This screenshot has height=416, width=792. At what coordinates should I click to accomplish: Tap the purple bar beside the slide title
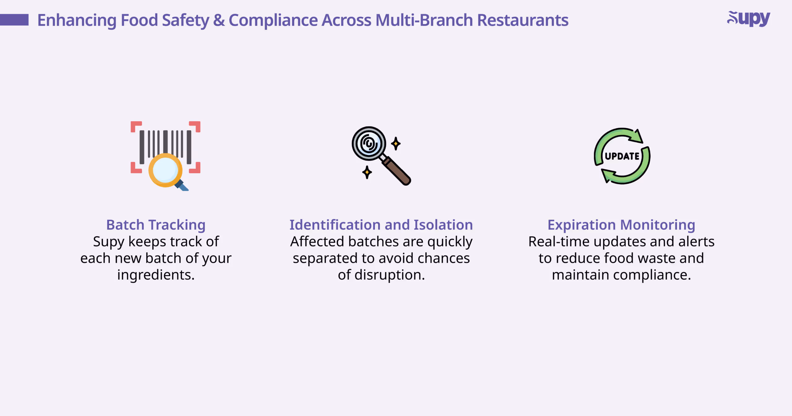pos(14,20)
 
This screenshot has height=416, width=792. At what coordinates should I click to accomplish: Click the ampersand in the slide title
pos(219,20)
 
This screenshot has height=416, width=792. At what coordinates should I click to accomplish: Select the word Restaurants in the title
pos(523,20)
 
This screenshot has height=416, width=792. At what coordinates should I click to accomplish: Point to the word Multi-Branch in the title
pos(424,20)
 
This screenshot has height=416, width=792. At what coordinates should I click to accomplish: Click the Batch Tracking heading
pos(156,225)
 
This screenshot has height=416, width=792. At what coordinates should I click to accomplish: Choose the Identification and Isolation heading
pos(381,225)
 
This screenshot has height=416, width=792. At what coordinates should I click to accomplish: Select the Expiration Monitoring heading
pos(621,225)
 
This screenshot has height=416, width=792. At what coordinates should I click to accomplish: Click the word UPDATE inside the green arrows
pos(622,156)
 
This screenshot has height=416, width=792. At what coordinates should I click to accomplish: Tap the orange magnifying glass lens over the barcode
pos(165,170)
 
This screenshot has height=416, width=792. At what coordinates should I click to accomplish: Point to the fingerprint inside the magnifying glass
pos(368,143)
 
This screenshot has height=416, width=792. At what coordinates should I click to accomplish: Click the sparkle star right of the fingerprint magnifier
pos(396,144)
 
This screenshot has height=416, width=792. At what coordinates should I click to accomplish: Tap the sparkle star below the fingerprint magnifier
pos(367,172)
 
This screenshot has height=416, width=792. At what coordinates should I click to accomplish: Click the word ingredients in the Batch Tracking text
pos(156,275)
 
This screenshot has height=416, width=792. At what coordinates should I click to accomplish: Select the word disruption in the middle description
pos(390,275)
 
